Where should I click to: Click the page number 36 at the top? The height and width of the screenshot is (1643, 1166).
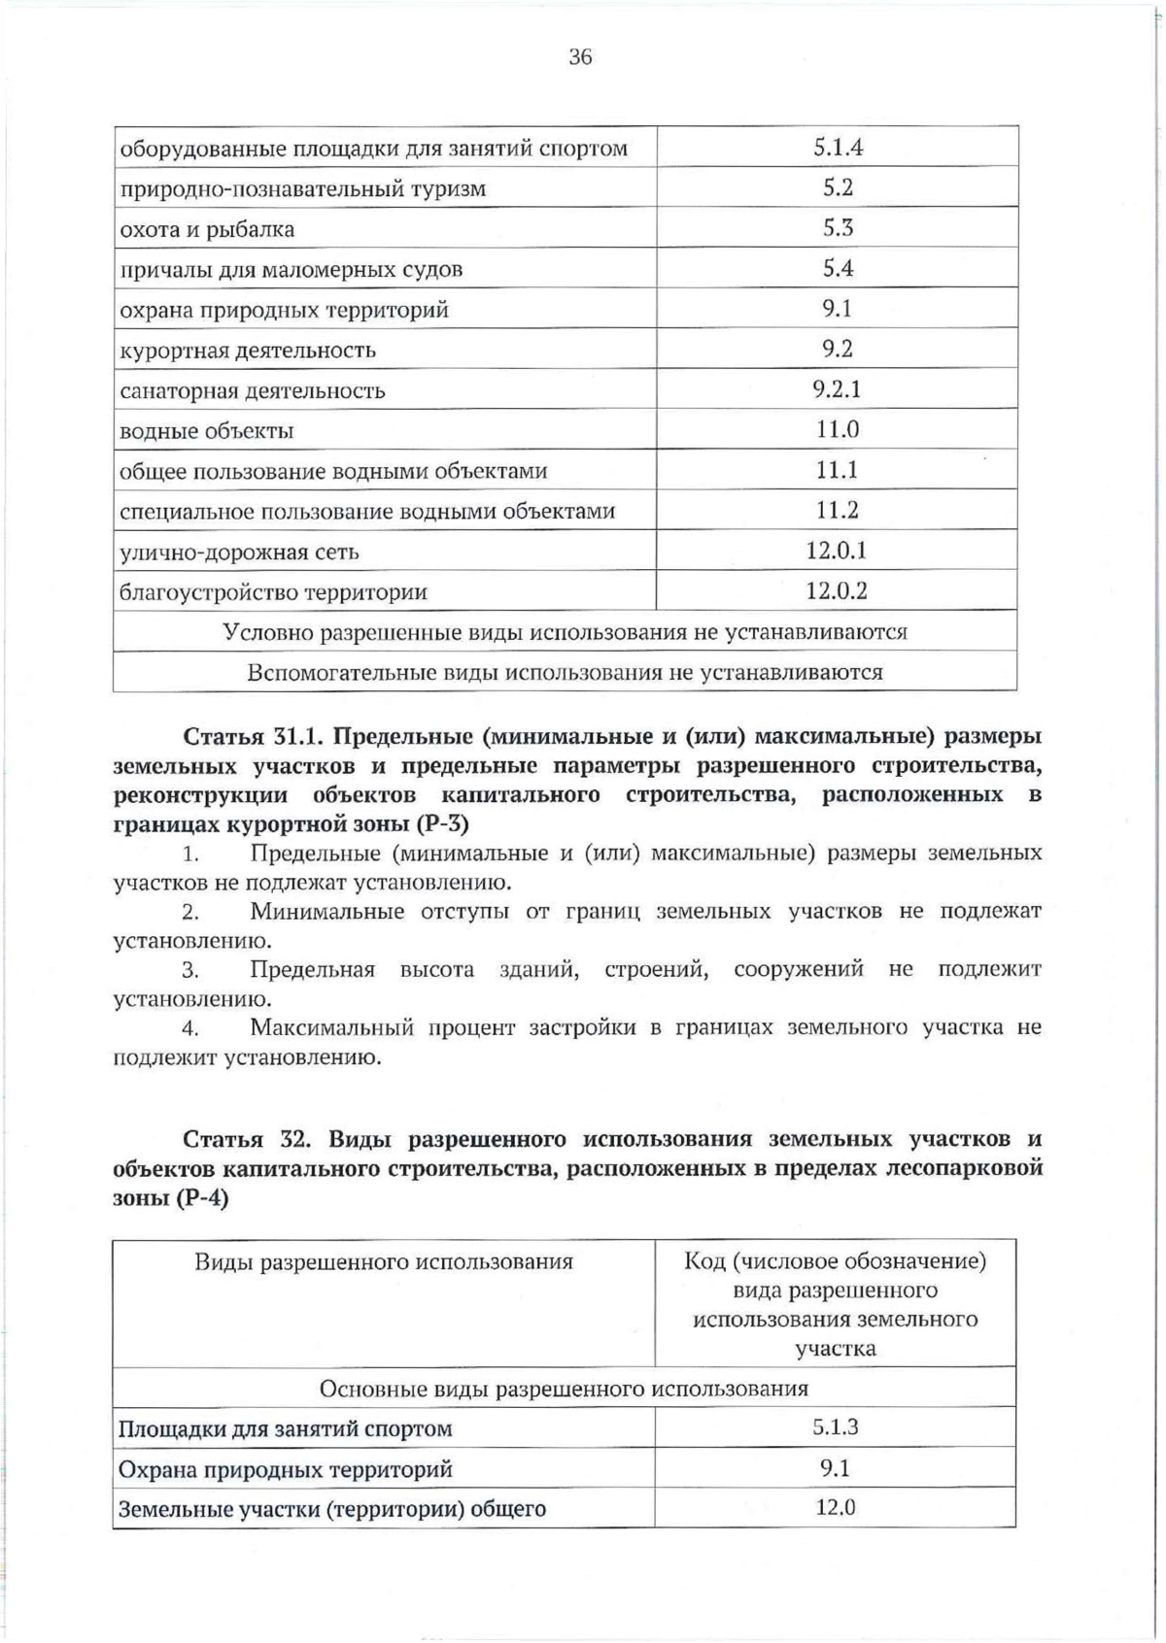point(580,57)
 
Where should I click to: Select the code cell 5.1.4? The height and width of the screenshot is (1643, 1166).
point(838,148)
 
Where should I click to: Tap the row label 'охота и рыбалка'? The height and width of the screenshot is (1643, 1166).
point(207,230)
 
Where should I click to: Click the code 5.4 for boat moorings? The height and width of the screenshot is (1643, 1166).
point(838,268)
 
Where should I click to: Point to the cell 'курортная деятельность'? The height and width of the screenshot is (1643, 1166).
point(248,351)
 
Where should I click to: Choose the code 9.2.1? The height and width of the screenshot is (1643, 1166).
point(838,389)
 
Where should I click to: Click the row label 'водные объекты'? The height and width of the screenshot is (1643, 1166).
point(206,431)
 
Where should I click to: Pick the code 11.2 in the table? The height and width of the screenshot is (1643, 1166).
point(838,511)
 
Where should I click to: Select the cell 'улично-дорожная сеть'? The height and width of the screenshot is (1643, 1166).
point(239,553)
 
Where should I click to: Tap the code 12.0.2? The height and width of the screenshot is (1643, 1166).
point(837,591)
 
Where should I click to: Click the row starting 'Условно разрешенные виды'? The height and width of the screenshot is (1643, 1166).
point(565,632)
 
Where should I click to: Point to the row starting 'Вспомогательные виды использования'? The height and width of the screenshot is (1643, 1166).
point(565,673)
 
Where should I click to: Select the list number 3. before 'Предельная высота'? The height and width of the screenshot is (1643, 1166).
point(190,970)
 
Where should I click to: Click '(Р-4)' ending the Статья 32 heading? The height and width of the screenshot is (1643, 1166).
point(202,1198)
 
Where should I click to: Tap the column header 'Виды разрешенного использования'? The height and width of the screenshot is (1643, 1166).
point(384,1262)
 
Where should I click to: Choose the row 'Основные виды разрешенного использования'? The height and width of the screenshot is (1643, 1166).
point(565,1389)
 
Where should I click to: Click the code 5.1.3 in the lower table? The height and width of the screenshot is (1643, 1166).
point(836,1427)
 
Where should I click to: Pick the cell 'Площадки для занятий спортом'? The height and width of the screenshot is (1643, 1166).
point(285,1429)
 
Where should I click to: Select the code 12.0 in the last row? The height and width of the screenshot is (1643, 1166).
point(836,1508)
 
